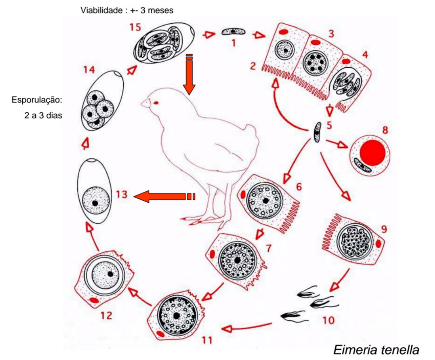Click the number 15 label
pos(135,27)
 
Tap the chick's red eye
pos(156,103)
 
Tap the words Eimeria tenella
pos(376,349)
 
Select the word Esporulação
pos(37,100)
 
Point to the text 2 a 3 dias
pos(43,115)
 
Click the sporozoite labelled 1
pos(233,32)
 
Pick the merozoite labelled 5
pos(317,132)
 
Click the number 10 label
pos(328,320)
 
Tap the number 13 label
pos(121,195)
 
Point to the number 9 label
pos(384,229)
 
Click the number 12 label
pos(106,315)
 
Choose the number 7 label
pos(268,248)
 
